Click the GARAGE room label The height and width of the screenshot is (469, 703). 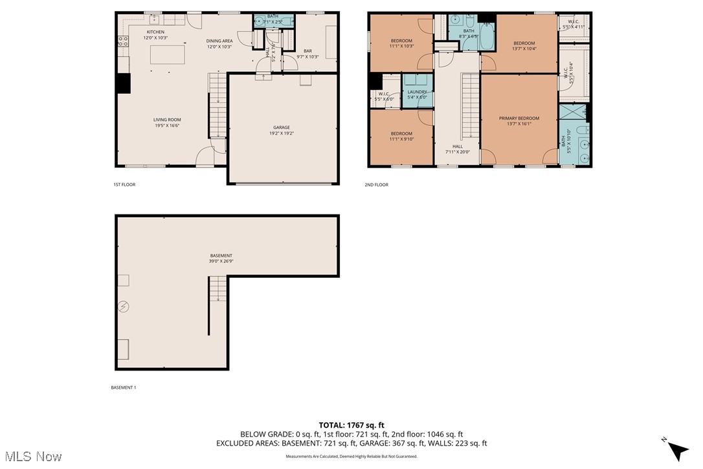[x=281, y=128]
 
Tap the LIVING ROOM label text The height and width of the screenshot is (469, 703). [x=167, y=120]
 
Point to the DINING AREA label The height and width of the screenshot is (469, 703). [x=219, y=41]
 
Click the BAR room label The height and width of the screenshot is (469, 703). [x=307, y=51]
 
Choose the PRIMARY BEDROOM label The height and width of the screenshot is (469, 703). [x=519, y=119]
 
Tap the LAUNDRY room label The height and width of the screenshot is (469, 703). [x=418, y=92]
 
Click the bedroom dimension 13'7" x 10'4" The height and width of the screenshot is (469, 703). [x=524, y=49]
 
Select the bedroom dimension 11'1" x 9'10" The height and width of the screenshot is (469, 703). [x=401, y=139]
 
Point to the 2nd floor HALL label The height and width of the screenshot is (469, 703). [x=458, y=146]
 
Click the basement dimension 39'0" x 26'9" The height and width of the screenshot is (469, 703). [x=220, y=261]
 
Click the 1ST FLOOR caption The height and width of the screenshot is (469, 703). [x=124, y=185]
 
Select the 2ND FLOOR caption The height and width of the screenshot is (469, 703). [x=376, y=185]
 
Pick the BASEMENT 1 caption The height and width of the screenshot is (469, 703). [x=124, y=387]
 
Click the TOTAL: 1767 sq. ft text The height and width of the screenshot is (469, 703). [x=351, y=425]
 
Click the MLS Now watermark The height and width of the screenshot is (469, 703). [x=31, y=457]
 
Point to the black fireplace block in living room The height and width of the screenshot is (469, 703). [x=123, y=84]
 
